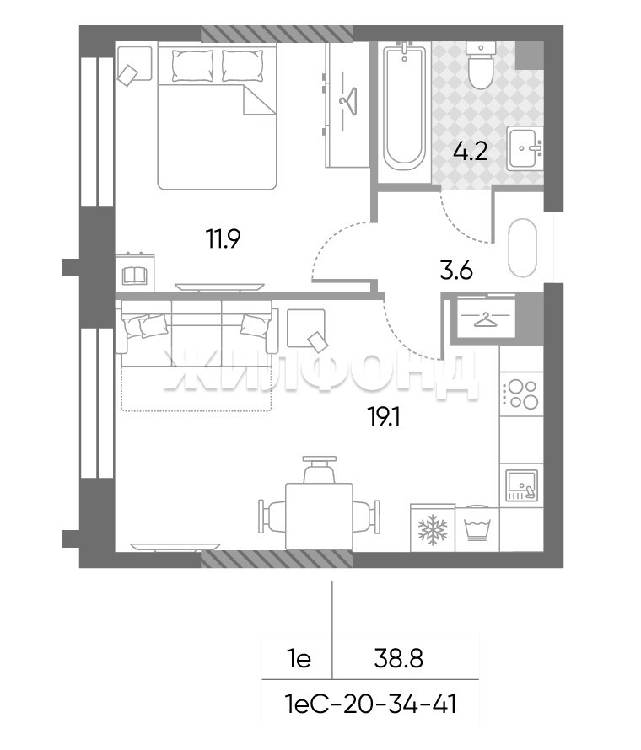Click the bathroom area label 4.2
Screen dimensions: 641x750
point(470,151)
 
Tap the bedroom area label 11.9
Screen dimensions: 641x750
point(223,238)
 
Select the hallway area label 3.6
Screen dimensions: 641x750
point(456,271)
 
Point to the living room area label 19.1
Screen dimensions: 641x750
point(384,418)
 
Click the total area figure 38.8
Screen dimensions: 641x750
point(398,659)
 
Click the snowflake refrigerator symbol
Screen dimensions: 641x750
point(433,528)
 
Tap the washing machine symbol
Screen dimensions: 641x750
point(477,528)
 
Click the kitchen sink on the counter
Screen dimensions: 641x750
point(522,485)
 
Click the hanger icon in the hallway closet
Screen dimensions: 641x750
point(486,319)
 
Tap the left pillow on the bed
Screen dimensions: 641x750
point(192,65)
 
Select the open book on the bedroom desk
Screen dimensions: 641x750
point(134,276)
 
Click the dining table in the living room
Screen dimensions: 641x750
point(319,516)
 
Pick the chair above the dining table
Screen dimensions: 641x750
point(319,469)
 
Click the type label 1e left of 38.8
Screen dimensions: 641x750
point(299,659)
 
